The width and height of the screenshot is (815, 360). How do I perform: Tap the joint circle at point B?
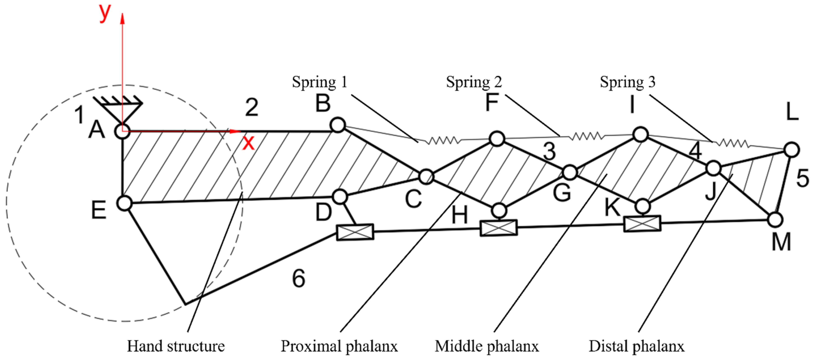[337, 125]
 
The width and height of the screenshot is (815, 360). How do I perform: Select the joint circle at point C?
[426, 176]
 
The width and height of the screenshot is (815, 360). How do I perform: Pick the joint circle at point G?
[570, 172]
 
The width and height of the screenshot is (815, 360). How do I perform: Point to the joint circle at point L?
[792, 150]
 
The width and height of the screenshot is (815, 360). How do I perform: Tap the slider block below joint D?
[355, 232]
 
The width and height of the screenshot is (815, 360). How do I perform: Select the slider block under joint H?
[499, 228]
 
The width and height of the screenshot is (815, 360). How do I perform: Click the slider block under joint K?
[642, 224]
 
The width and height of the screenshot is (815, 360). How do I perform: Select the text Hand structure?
[176, 346]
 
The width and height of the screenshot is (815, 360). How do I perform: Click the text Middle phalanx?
[487, 346]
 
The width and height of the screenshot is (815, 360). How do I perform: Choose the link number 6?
[298, 279]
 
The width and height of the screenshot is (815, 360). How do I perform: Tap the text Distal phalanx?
[636, 346]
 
